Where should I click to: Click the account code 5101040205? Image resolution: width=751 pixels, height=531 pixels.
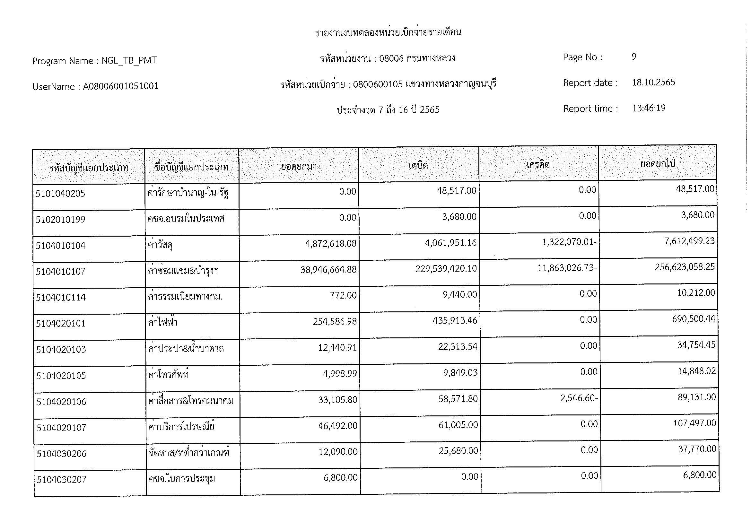(x=60, y=194)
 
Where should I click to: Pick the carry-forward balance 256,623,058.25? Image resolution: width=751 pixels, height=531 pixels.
(x=685, y=267)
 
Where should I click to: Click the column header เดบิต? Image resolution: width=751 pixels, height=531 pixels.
(x=418, y=165)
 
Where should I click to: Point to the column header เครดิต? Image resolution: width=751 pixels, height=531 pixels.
(x=538, y=164)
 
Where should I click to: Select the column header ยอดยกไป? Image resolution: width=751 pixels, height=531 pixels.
(x=658, y=163)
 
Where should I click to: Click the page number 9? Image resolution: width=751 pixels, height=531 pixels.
(x=634, y=57)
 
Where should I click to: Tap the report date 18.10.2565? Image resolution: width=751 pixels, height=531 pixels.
(x=653, y=82)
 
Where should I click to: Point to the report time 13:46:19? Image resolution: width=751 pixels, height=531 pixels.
(x=649, y=108)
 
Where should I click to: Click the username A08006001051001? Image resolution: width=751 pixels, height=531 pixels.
(x=120, y=86)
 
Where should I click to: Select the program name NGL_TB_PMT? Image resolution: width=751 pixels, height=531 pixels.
(x=129, y=60)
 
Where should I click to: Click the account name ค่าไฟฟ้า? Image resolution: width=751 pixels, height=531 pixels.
(x=162, y=322)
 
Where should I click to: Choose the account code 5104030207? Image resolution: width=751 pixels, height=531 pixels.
(x=62, y=480)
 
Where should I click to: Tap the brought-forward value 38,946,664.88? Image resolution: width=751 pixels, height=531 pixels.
(x=328, y=270)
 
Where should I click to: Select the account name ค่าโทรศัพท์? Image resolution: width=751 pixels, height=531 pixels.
(x=169, y=375)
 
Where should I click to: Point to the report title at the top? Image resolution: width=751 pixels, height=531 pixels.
(x=388, y=32)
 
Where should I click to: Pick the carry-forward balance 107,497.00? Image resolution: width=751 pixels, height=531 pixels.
(x=694, y=423)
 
